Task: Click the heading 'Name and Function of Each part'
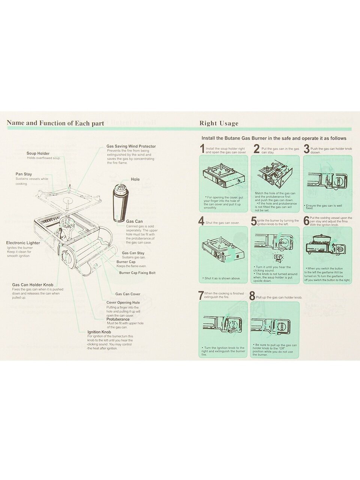click(x=55, y=123)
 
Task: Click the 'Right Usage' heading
click(x=219, y=123)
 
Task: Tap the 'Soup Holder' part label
click(x=38, y=153)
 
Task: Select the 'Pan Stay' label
click(x=24, y=174)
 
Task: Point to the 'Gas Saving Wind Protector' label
click(x=131, y=146)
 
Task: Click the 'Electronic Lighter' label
click(x=23, y=243)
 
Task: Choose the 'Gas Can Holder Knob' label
click(x=33, y=285)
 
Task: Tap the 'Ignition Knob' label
click(x=99, y=332)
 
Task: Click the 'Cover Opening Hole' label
click(x=123, y=302)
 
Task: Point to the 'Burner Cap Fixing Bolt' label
click(x=137, y=273)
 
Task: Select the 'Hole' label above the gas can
click(x=135, y=179)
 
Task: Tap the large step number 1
click(x=202, y=149)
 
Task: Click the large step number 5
click(x=254, y=222)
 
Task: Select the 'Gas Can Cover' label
click(x=127, y=294)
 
